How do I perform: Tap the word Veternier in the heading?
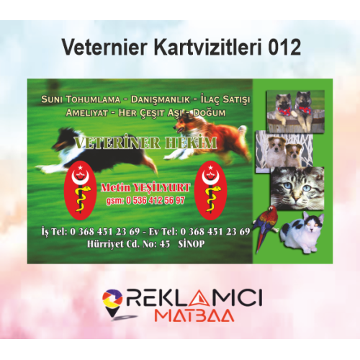104,48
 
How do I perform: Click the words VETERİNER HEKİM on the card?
145,143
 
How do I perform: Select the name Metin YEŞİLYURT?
145,188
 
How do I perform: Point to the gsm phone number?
145,200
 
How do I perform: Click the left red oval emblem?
81,190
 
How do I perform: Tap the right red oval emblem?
211,190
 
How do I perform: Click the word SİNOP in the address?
192,244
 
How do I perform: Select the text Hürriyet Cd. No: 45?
128,244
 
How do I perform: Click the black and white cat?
303,232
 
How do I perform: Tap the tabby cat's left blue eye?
287,185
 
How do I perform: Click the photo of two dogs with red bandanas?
296,112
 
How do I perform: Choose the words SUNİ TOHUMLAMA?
81,99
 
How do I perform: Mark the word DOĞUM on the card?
210,113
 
